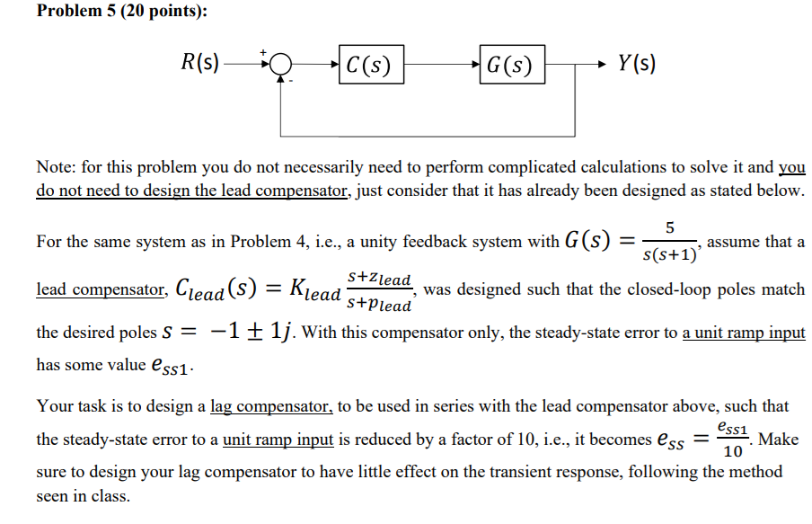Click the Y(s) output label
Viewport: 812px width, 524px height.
pos(636,65)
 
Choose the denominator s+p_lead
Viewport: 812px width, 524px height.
pos(380,304)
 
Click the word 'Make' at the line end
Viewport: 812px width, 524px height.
pos(779,440)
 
